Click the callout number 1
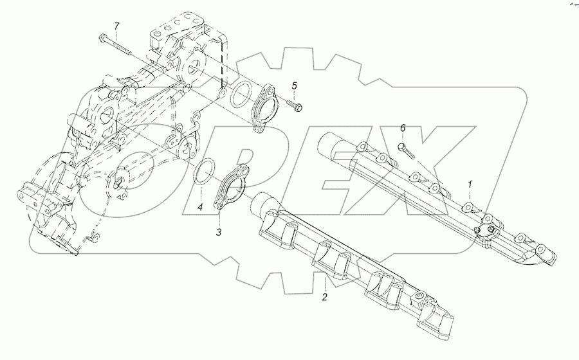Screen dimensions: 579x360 click(470, 184)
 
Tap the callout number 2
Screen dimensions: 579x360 click(325, 297)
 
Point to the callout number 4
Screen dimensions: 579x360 click(200, 207)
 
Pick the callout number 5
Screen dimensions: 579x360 click(294, 85)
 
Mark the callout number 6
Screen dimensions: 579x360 click(403, 129)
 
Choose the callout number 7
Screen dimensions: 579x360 click(116, 26)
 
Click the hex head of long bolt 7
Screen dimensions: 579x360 click(103, 37)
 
